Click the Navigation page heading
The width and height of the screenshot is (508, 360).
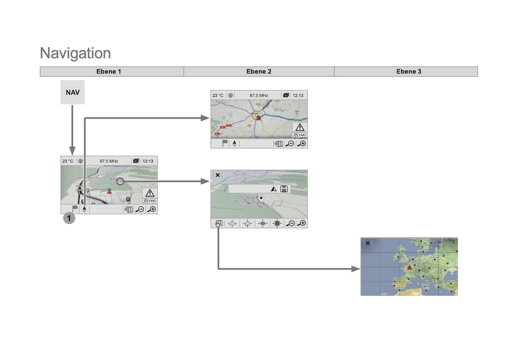pos(75,53)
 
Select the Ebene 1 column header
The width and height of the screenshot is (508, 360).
pos(109,72)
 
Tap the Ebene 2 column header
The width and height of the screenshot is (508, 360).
pos(259,72)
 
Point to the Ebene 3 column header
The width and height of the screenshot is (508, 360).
pos(409,72)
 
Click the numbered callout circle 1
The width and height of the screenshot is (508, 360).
pos(69,218)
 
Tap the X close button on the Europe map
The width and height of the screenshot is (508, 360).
pos(368,243)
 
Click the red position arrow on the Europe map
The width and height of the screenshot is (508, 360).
pos(409,268)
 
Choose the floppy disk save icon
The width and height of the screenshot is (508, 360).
pos(284,189)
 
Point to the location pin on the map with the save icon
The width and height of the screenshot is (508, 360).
pos(261,198)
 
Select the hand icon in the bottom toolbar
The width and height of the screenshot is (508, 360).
pos(219,223)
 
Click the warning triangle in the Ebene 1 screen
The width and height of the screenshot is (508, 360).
pos(150,193)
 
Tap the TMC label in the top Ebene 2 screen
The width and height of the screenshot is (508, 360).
pos(300,135)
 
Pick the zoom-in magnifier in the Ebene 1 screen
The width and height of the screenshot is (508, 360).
pos(152,209)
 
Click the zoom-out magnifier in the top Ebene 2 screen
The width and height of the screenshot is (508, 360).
pos(290,144)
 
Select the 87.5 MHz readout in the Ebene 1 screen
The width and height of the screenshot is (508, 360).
pos(109,161)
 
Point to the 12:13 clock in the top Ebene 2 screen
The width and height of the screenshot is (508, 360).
pos(298,96)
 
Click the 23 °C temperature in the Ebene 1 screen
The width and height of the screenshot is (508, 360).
pos(68,161)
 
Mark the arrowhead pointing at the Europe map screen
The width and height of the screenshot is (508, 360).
pos(356,269)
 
